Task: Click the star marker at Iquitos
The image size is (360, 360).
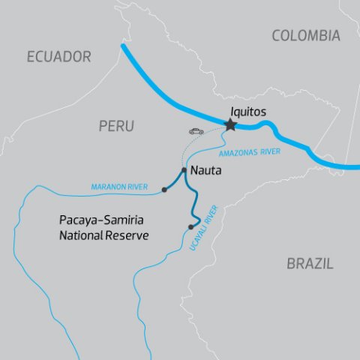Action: pyautogui.click(x=229, y=125)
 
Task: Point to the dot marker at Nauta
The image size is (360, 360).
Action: pyautogui.click(x=184, y=169)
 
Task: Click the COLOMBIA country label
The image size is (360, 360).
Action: pyautogui.click(x=305, y=35)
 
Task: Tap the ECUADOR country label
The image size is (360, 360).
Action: pyautogui.click(x=58, y=56)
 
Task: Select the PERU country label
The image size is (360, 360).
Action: pyautogui.click(x=116, y=127)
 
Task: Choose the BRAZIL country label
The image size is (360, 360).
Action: pyautogui.click(x=310, y=263)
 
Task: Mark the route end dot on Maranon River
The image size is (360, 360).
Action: pyautogui.click(x=163, y=190)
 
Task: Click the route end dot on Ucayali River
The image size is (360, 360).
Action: pyautogui.click(x=190, y=226)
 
